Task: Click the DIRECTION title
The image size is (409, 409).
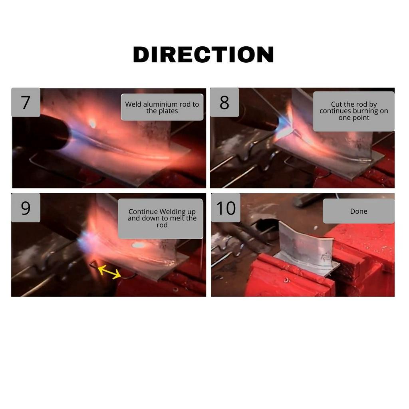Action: click(203, 54)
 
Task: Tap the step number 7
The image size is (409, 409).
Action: click(25, 103)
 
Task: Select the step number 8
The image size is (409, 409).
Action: click(224, 103)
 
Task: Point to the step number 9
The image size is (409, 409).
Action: click(26, 208)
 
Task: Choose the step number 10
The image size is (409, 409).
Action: click(226, 208)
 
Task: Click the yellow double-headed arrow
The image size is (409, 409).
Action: click(109, 272)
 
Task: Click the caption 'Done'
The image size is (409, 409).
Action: click(359, 211)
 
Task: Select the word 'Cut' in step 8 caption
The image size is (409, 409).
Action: click(336, 104)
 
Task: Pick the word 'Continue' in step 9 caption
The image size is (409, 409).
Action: click(143, 212)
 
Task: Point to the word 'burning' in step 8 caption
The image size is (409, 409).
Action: click(365, 111)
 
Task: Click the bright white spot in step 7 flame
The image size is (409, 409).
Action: click(92, 123)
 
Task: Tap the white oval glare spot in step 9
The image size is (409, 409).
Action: click(138, 245)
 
